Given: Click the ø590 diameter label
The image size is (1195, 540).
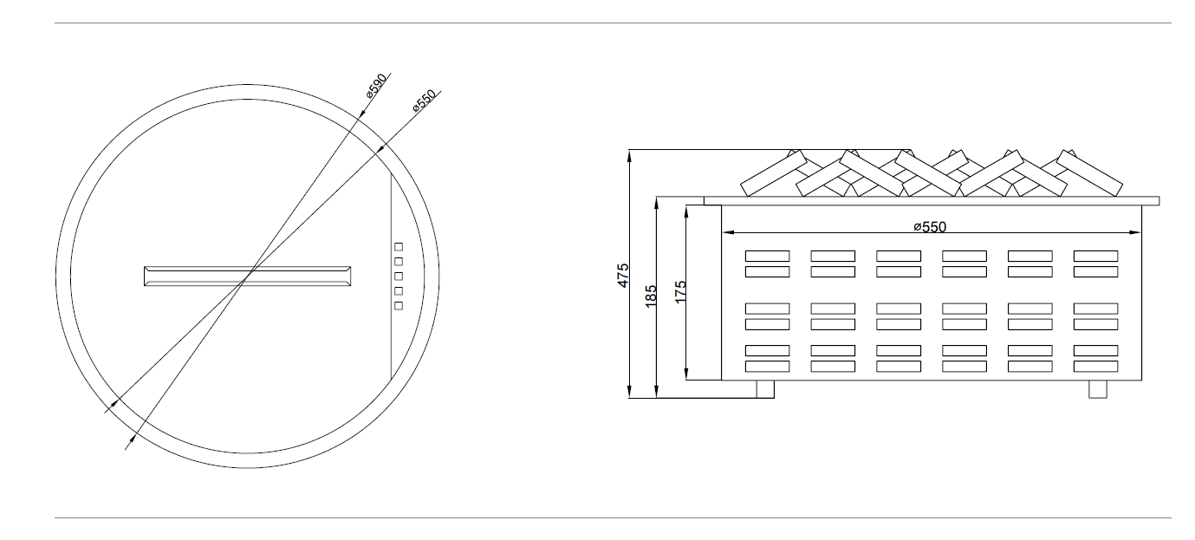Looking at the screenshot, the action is pyautogui.click(x=377, y=85).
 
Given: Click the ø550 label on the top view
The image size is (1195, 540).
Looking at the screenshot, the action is pyautogui.click(x=425, y=101).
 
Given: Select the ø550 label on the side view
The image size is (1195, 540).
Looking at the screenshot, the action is pyautogui.click(x=930, y=227).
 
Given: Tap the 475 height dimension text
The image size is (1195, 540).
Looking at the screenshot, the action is pyautogui.click(x=623, y=276).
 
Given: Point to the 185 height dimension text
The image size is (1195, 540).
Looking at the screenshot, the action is pyautogui.click(x=651, y=296).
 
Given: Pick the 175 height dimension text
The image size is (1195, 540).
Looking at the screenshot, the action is pyautogui.click(x=680, y=292).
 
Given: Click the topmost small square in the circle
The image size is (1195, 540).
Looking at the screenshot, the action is pyautogui.click(x=399, y=246).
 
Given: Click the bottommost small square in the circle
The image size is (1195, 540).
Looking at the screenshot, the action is pyautogui.click(x=399, y=306).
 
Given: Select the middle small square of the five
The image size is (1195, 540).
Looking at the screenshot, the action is pyautogui.click(x=399, y=277).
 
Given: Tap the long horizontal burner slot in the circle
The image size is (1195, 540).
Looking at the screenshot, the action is pyautogui.click(x=248, y=277).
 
